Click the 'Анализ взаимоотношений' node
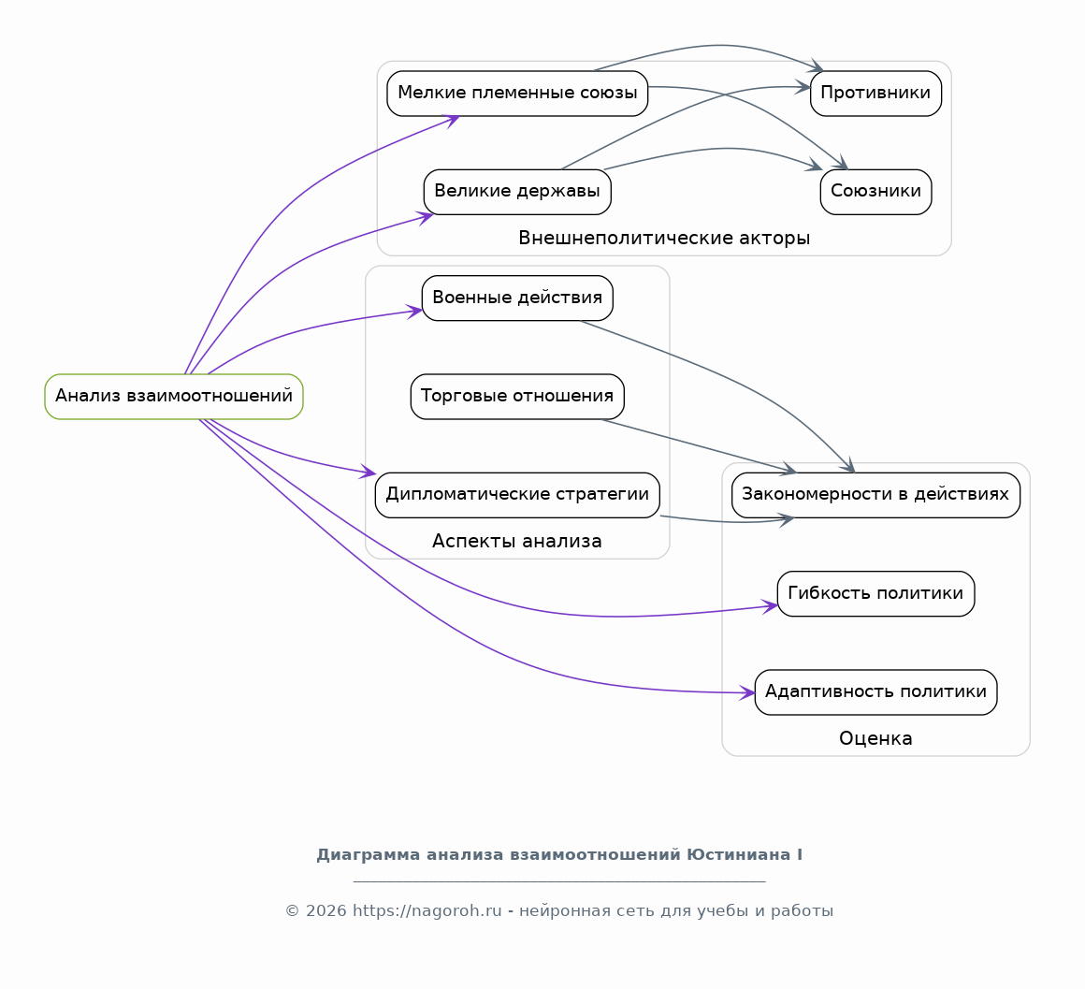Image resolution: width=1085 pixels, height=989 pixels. tap(174, 397)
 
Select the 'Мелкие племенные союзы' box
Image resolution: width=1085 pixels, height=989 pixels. tap(517, 94)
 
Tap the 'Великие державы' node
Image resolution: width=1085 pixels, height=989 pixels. tap(517, 192)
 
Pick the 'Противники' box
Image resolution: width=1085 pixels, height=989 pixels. tap(876, 94)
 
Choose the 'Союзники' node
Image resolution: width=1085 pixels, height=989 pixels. tap(876, 192)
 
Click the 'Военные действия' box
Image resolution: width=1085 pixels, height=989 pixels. tap(517, 298)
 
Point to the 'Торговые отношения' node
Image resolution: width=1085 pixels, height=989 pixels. tap(517, 397)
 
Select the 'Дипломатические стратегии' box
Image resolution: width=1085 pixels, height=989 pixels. tap(517, 495)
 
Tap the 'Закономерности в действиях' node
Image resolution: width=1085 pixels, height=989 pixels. tap(876, 495)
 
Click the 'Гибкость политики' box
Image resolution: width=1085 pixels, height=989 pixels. tap(876, 594)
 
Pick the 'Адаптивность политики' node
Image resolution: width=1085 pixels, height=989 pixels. tap(876, 692)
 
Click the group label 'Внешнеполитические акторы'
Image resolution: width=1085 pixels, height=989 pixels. tap(664, 238)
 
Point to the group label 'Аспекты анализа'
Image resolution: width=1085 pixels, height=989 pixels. tap(517, 541)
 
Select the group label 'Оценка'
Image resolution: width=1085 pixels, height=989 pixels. tap(876, 738)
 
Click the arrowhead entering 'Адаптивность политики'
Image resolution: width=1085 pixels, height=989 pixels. tap(747, 692)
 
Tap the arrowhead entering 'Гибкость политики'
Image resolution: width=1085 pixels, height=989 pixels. tap(770, 606)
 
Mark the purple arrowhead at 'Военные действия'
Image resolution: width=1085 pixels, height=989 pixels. tap(414, 311)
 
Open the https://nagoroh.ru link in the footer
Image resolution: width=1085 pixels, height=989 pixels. tap(427, 910)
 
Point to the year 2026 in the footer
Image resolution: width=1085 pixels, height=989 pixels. tap(325, 910)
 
